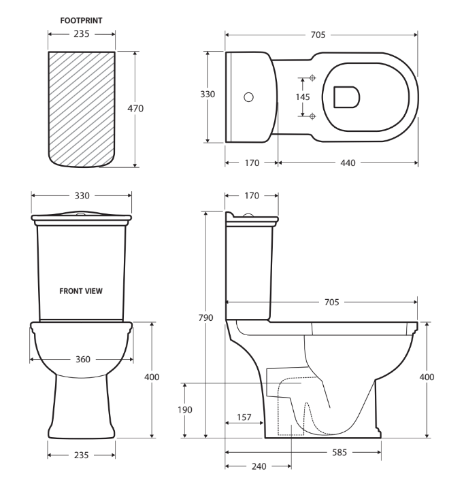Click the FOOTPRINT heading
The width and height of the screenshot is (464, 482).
81,21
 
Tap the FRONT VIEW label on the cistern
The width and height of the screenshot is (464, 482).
81,290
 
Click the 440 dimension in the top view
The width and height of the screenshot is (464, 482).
346,162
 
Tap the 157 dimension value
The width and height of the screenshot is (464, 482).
243,417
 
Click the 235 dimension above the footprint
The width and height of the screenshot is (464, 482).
81,33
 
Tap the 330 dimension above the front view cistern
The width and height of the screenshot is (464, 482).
81,195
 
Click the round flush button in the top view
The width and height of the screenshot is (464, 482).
249,97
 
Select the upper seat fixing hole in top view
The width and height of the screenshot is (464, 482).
312,77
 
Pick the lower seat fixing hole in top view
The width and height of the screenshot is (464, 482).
312,116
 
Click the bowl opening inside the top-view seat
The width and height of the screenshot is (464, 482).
346,97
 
